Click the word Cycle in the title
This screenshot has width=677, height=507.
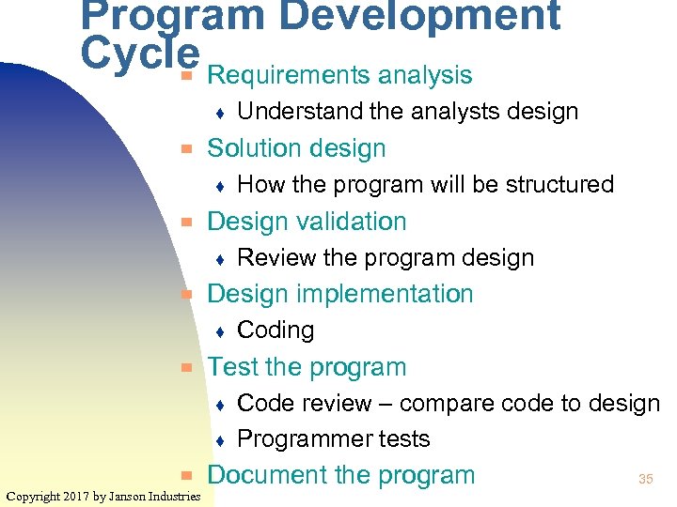point(140,54)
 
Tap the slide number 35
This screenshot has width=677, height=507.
point(645,480)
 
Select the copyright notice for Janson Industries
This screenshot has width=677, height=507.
point(102,496)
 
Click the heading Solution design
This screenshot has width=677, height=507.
point(296,148)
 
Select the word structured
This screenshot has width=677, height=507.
point(561,184)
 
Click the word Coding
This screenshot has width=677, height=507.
point(276,330)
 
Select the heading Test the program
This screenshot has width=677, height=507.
point(307,367)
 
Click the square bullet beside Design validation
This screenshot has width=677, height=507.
point(187,223)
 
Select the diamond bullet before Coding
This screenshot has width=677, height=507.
point(218,331)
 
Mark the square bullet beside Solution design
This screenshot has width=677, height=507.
point(187,149)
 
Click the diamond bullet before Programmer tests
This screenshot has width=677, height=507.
point(218,440)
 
